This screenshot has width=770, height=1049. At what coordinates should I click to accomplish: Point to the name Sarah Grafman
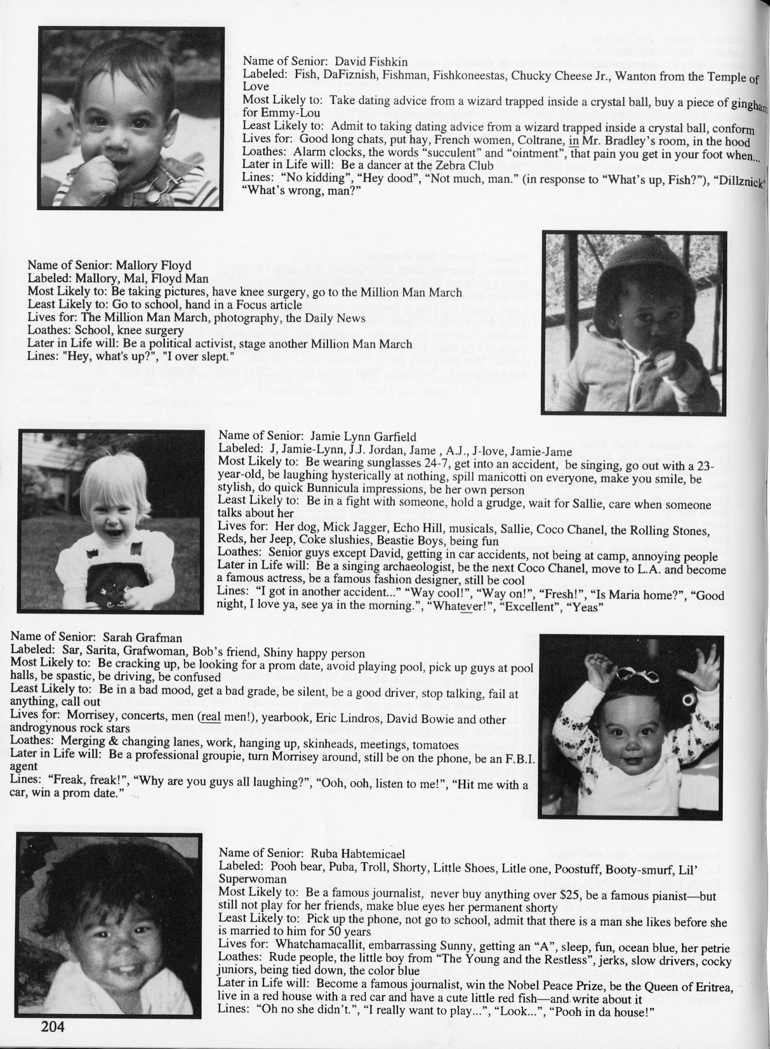(139, 637)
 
